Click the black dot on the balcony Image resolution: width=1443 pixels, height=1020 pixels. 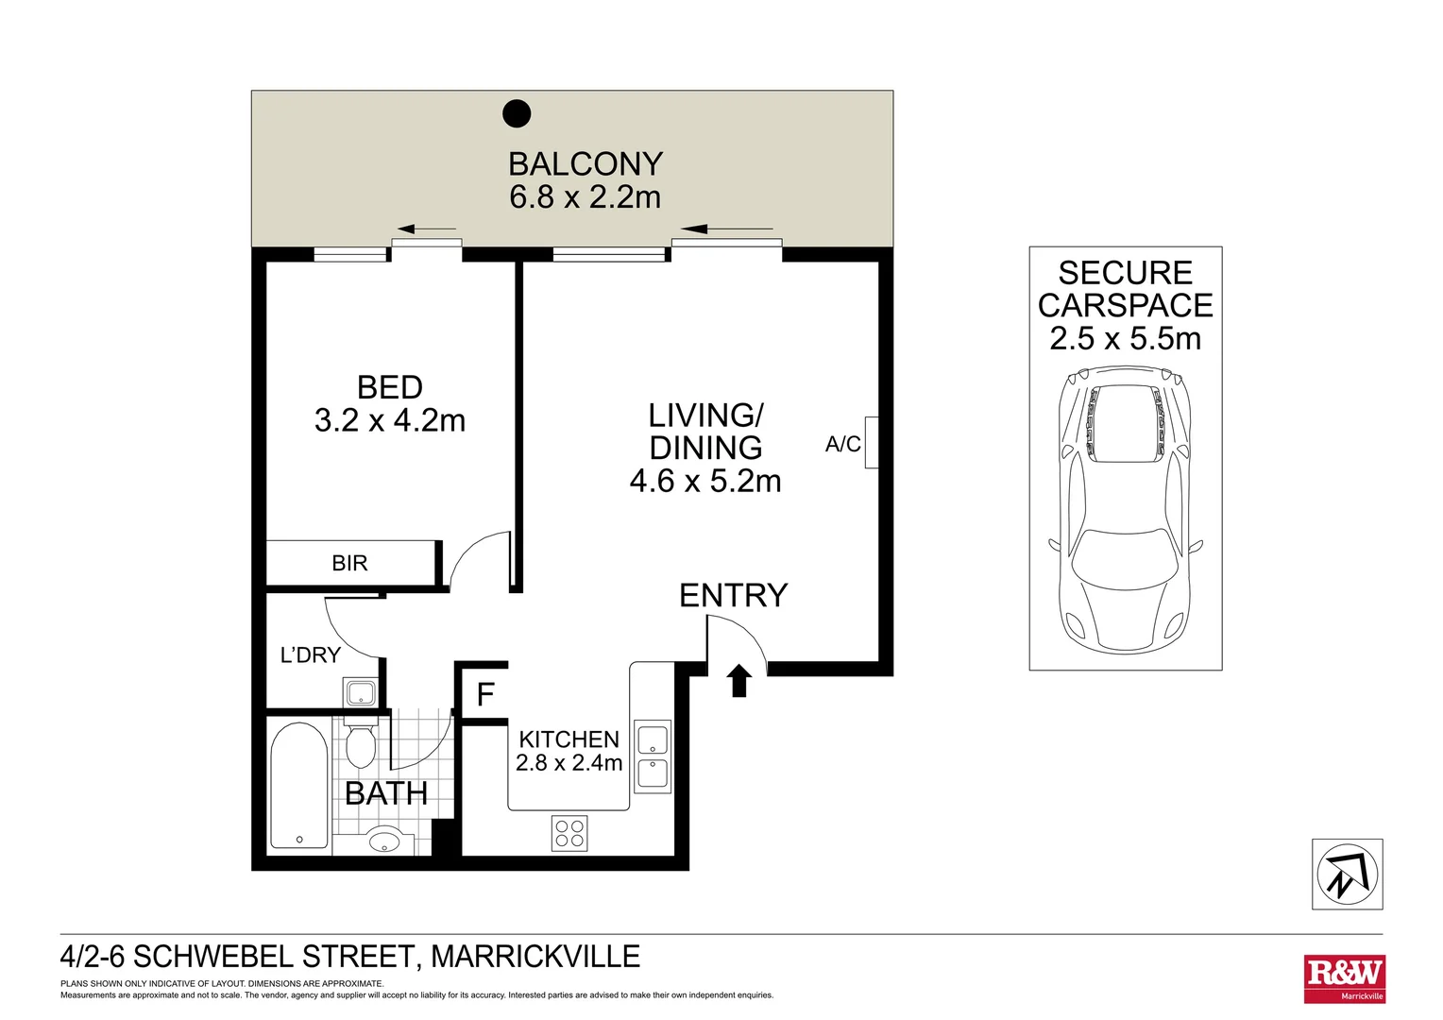click(x=517, y=113)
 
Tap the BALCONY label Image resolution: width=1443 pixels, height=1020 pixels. click(x=585, y=164)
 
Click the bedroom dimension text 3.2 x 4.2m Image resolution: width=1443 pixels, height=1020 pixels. click(x=389, y=420)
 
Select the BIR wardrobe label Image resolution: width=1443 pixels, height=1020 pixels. click(x=349, y=564)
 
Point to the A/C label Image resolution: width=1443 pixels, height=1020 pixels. click(x=842, y=444)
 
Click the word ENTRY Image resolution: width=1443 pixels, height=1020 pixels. click(x=733, y=595)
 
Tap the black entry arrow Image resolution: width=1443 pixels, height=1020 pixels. click(x=738, y=680)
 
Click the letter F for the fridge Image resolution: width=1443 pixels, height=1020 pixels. click(x=485, y=695)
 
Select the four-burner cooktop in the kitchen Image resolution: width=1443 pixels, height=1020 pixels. click(x=569, y=833)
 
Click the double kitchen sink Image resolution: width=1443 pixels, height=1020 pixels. click(x=652, y=756)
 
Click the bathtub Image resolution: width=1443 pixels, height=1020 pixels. click(x=298, y=787)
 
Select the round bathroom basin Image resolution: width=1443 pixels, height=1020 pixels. click(x=385, y=840)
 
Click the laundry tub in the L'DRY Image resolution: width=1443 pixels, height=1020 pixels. click(x=361, y=693)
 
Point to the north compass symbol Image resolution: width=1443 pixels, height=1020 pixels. click(x=1347, y=875)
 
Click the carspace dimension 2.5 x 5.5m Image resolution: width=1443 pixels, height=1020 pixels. click(x=1125, y=338)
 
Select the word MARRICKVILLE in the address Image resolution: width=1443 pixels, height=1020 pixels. click(x=535, y=957)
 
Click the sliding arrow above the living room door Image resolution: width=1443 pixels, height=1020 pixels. click(x=726, y=229)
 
